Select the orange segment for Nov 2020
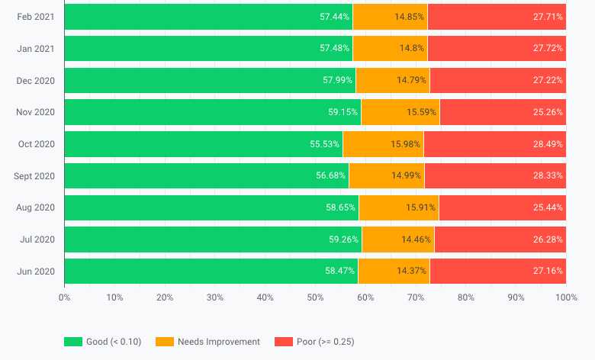pos(400,112)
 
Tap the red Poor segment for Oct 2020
pos(494,144)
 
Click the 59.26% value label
pos(343,239)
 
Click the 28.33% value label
pos(548,176)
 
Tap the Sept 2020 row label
pos(34,176)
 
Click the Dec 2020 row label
pos(35,80)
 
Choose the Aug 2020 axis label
pos(35,207)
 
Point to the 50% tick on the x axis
pos(315,297)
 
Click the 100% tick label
pos(565,297)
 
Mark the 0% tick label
pos(65,297)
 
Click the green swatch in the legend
pos(72,342)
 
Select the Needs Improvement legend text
pos(218,342)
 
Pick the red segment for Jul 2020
pos(500,239)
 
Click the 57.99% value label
pos(338,80)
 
